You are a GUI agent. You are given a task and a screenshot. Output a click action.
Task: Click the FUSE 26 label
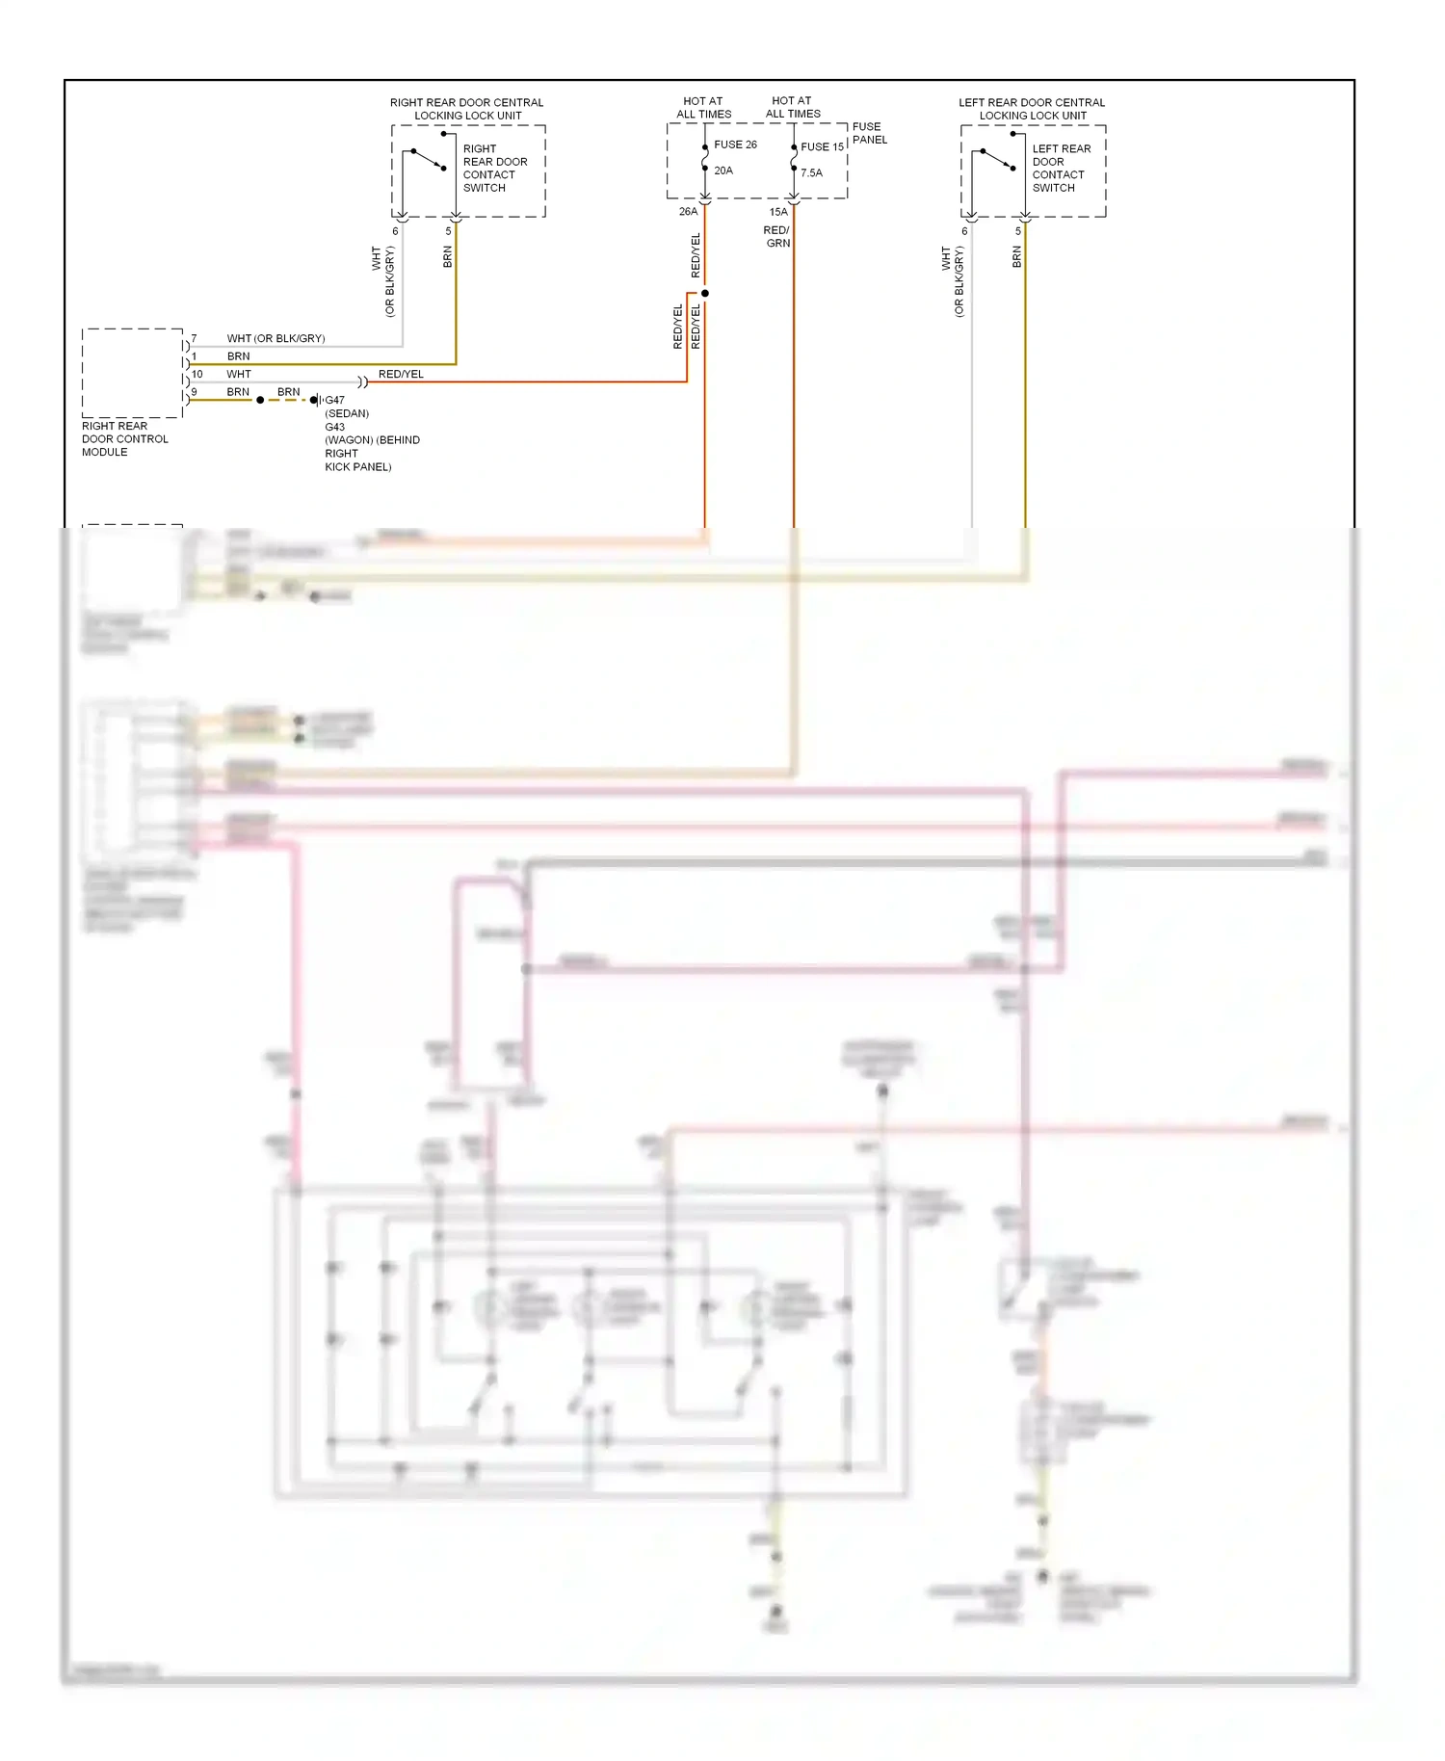pos(735,145)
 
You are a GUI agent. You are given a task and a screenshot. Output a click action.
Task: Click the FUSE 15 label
pos(822,146)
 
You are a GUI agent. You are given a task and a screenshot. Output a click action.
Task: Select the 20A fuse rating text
pos(723,171)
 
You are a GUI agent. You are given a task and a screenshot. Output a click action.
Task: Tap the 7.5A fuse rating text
pos(812,173)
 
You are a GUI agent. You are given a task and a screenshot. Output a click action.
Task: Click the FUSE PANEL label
pos(869,133)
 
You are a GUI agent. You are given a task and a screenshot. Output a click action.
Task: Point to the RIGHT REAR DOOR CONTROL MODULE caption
pos(124,439)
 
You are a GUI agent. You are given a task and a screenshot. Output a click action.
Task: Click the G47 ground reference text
pos(334,400)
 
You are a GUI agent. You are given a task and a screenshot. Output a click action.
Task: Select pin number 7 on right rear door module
pos(194,338)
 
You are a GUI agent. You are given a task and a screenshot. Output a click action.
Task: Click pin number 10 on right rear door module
pos(197,374)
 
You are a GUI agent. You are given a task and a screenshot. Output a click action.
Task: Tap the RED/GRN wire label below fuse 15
pos(777,237)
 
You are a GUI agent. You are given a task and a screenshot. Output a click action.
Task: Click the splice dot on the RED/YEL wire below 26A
pos(705,293)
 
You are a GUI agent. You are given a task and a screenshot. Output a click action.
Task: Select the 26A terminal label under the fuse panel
pos(688,212)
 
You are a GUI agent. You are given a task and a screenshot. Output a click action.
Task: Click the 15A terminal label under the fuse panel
pos(778,212)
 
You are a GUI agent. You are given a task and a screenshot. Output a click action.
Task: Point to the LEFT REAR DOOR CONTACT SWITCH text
pos(1061,169)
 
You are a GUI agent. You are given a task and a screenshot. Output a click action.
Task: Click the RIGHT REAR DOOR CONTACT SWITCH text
pos(494,169)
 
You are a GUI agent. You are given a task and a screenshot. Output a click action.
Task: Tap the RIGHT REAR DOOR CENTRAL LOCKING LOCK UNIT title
pos(466,109)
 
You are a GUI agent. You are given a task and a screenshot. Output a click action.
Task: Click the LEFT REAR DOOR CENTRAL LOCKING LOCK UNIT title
pos(1032,109)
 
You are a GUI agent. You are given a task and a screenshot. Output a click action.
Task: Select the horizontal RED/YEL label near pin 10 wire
pos(401,374)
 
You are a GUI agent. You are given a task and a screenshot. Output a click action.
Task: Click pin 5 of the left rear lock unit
pos(1018,231)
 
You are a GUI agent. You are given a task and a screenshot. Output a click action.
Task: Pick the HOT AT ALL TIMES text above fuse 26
pos(703,107)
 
